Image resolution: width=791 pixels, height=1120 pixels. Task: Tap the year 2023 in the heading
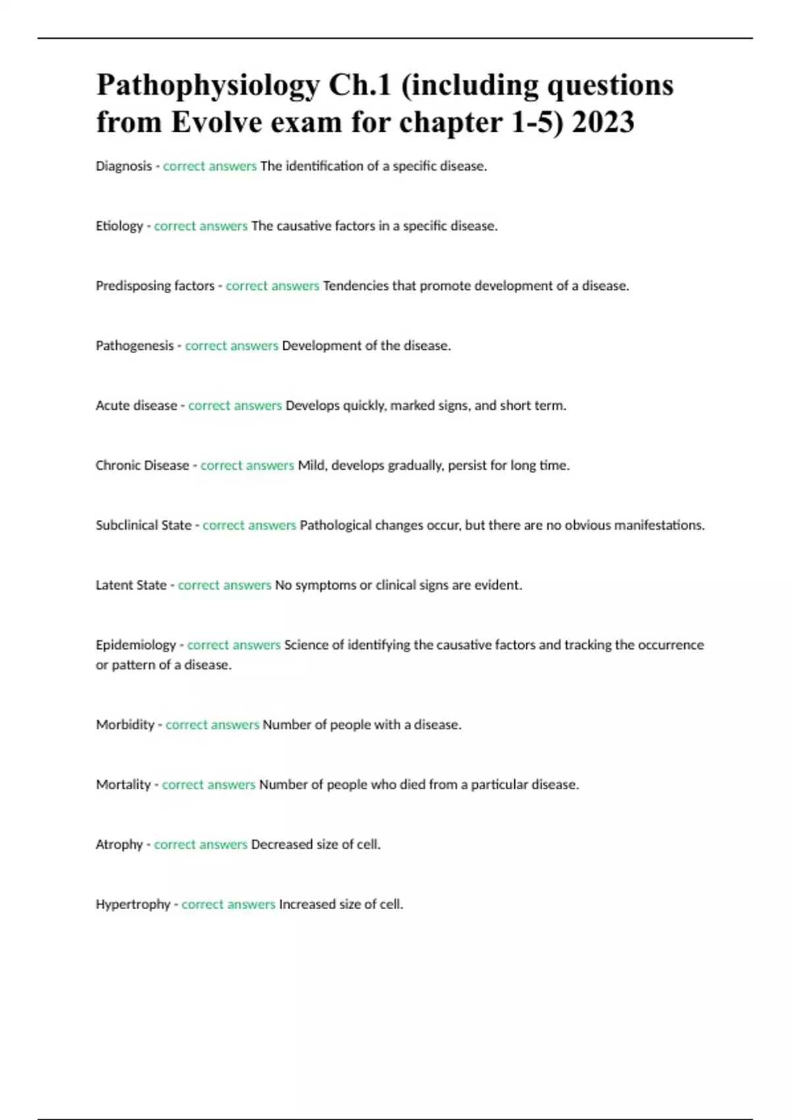603,123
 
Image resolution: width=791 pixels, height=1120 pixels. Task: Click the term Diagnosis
124,166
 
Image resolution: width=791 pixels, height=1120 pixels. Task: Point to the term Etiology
119,226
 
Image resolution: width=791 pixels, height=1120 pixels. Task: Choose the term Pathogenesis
134,346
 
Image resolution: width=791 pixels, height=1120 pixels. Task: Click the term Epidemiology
136,645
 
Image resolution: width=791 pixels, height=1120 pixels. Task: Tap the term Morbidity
125,725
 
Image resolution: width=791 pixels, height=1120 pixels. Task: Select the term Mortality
123,785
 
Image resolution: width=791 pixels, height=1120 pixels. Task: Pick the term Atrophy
119,845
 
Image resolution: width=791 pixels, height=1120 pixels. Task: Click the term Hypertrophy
133,905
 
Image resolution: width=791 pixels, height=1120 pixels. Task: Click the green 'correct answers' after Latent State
225,585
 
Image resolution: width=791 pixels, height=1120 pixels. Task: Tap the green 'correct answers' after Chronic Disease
247,465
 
